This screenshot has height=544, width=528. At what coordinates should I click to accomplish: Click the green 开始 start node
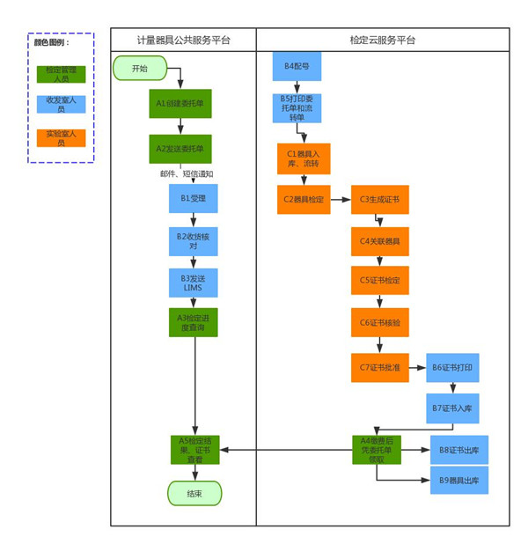pyautogui.click(x=140, y=69)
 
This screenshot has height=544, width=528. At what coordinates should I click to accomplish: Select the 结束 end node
pyautogui.click(x=194, y=494)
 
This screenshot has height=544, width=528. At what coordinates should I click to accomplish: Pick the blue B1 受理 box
pyautogui.click(x=194, y=199)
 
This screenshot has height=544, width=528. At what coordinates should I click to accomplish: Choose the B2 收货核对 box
pyautogui.click(x=194, y=240)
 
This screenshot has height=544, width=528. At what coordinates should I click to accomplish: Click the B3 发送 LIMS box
pyautogui.click(x=194, y=282)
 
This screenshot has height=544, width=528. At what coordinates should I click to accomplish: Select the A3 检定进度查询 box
pyautogui.click(x=194, y=322)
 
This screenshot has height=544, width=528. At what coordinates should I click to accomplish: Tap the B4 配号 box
pyautogui.click(x=297, y=67)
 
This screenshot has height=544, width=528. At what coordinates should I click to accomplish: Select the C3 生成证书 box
pyautogui.click(x=379, y=200)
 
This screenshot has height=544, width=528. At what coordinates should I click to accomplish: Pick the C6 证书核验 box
pyautogui.click(x=379, y=323)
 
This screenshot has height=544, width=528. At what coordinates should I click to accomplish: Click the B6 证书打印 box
pyautogui.click(x=452, y=367)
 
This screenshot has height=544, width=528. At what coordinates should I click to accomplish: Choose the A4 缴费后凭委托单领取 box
pyautogui.click(x=377, y=450)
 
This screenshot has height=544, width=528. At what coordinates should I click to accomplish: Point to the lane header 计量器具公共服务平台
pyautogui.click(x=183, y=40)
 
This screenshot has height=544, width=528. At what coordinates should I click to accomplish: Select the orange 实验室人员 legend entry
pyautogui.click(x=61, y=137)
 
